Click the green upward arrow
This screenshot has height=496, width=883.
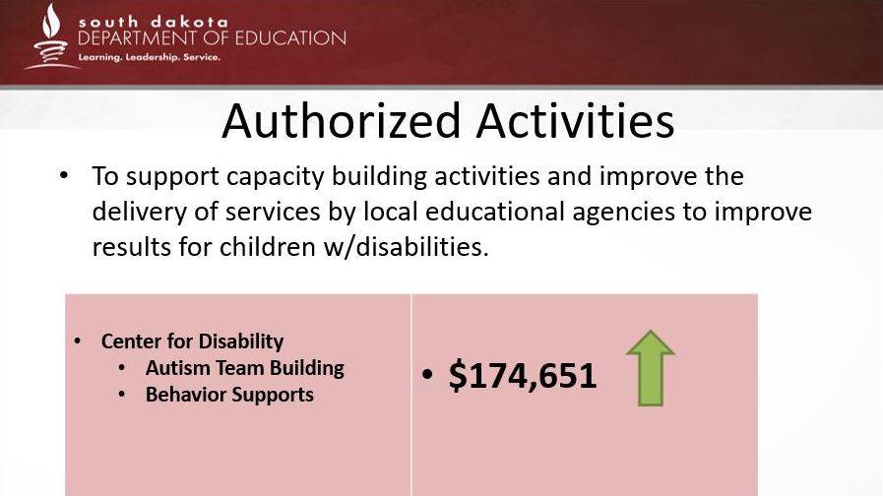[651, 368]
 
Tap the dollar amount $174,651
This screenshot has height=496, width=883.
[523, 376]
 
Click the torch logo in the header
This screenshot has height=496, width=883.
[51, 36]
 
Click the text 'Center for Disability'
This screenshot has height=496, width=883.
[193, 341]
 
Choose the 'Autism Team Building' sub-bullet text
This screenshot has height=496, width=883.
[245, 368]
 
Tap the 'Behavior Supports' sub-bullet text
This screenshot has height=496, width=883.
[229, 394]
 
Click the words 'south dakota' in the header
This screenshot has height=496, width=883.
[154, 22]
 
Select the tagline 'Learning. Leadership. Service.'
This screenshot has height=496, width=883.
[150, 57]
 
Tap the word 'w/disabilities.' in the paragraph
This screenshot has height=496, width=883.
[406, 247]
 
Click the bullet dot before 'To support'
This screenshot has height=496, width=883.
[64, 174]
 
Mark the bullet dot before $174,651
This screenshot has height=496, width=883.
[428, 374]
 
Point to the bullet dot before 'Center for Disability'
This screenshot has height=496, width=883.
[78, 341]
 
